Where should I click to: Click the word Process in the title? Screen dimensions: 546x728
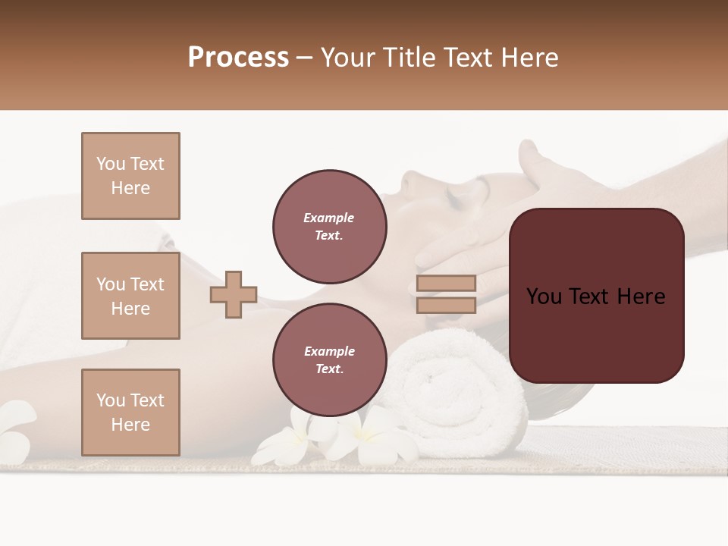click(238, 58)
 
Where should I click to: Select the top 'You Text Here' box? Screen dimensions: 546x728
click(130, 176)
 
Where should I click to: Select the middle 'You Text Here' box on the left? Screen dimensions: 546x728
click(130, 296)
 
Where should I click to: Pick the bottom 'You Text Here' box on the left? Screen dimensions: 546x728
click(130, 413)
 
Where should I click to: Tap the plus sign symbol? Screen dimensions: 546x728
click(234, 294)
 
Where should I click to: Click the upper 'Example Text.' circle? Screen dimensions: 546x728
click(329, 226)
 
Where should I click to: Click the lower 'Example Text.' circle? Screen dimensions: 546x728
click(329, 359)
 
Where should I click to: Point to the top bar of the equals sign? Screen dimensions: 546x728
click(446, 283)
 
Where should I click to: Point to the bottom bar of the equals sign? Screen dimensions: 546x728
click(446, 306)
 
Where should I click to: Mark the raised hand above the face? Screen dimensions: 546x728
click(554, 171)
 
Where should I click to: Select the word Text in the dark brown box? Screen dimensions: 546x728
click(596, 297)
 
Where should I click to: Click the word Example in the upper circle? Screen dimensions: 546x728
click(329, 218)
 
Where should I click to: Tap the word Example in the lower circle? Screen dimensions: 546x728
click(329, 351)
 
